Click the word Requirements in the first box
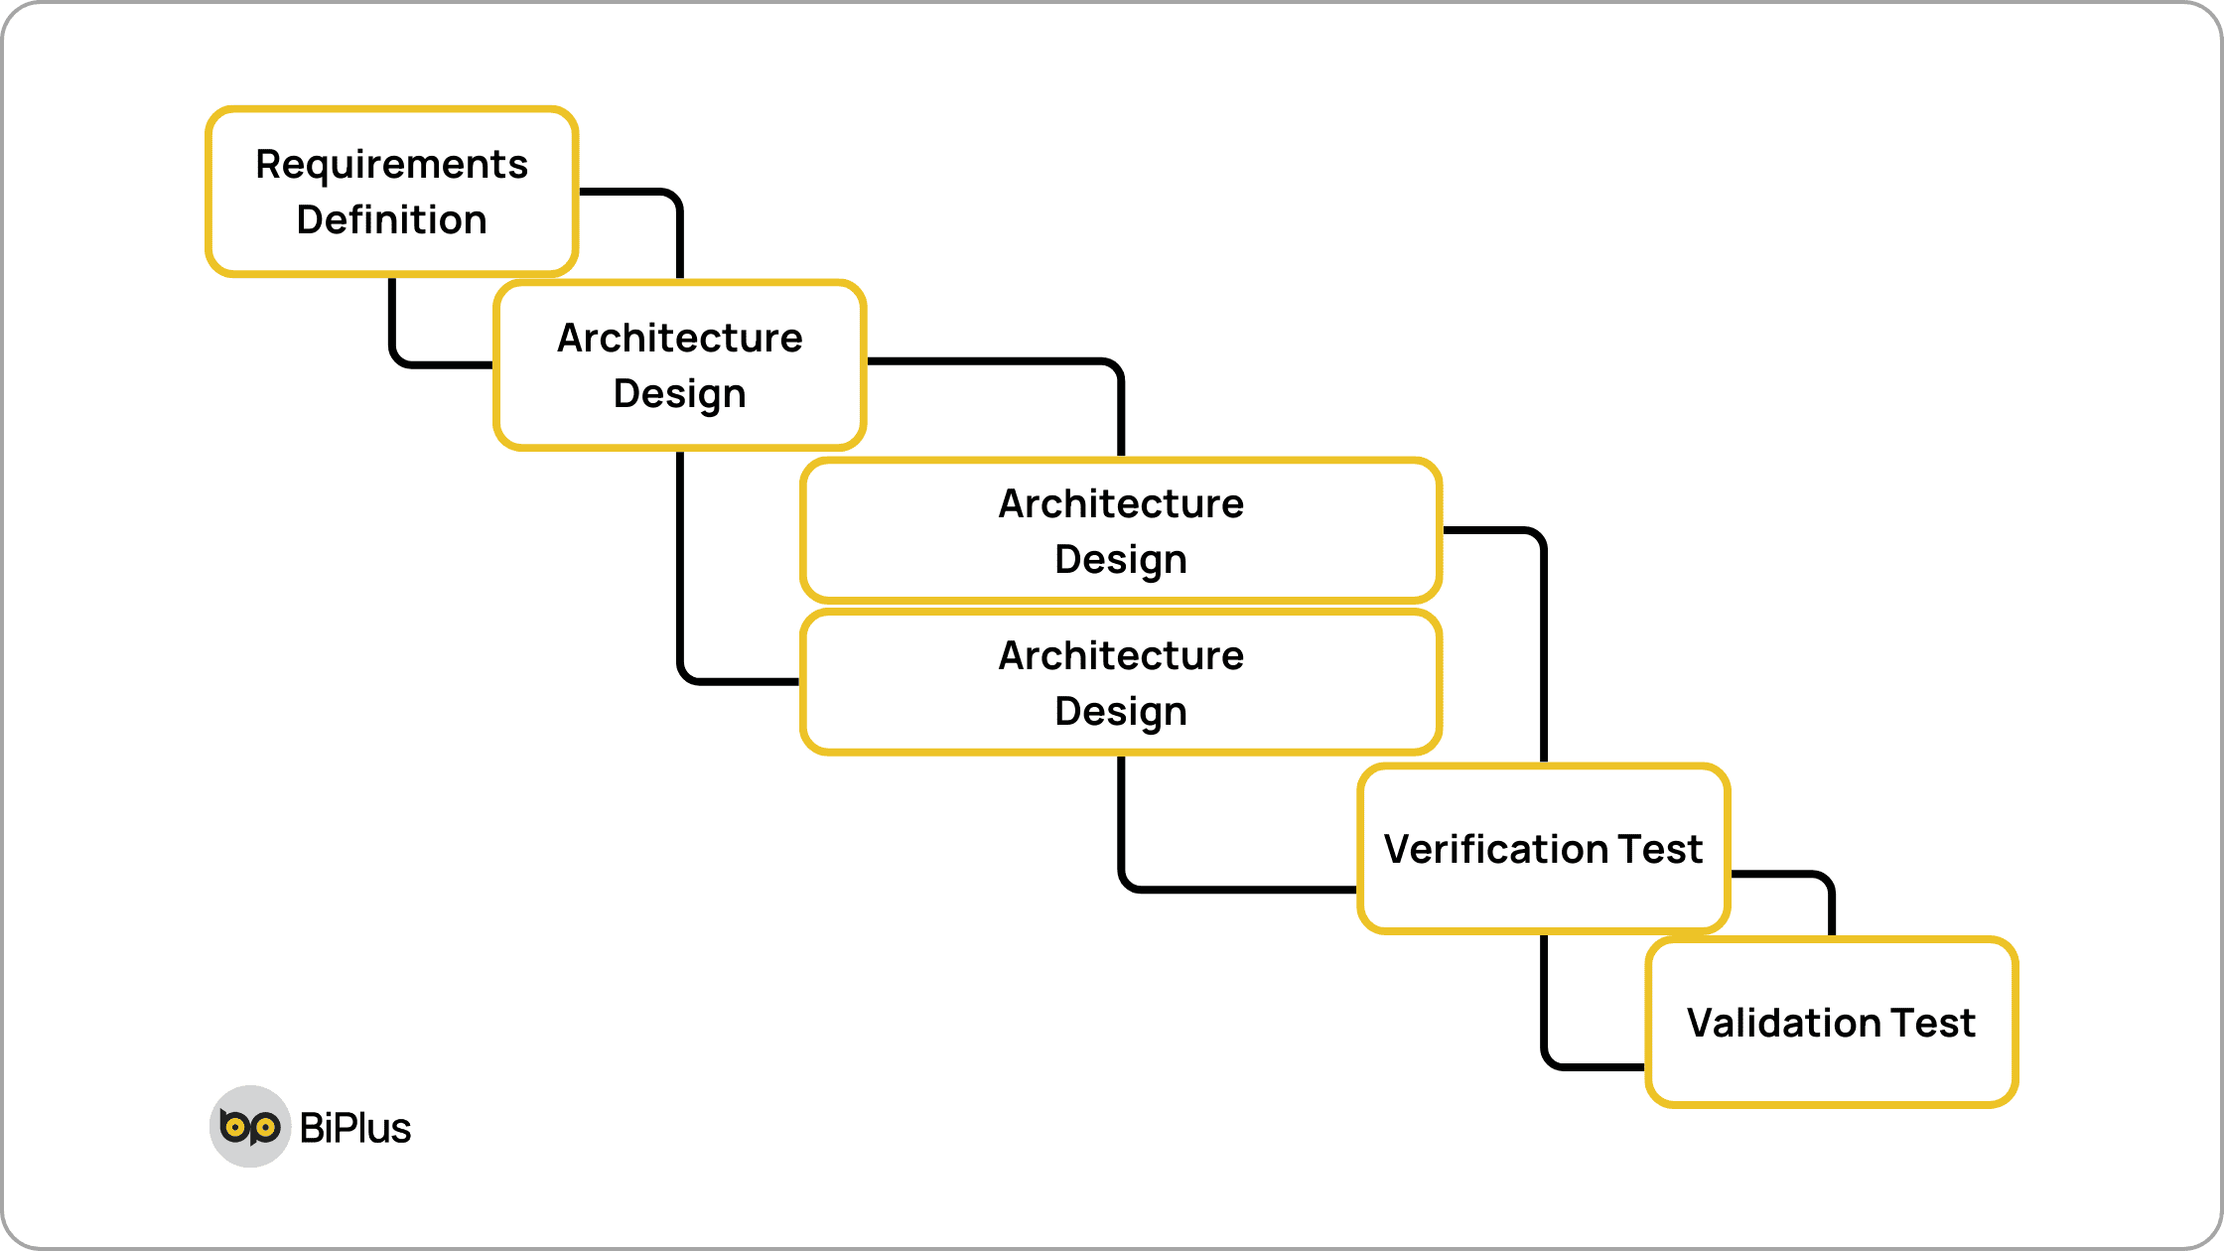(391, 165)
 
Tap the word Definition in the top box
(391, 220)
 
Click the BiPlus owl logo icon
(249, 1126)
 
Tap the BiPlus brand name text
(355, 1129)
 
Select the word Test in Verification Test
(1660, 850)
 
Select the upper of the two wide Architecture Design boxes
(1121, 531)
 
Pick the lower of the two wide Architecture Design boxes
(1121, 683)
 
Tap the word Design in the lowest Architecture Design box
(1121, 712)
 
